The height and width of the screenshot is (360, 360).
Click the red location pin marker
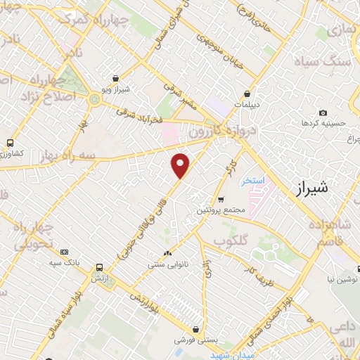[181, 165]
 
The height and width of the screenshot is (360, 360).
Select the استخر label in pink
[252, 181]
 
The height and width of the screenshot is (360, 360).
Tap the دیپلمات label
[247, 104]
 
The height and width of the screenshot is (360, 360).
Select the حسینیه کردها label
[324, 123]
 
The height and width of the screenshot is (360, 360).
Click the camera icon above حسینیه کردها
[323, 112]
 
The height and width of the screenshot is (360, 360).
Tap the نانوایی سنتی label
[167, 265]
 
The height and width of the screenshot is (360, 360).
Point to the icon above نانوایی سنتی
[167, 254]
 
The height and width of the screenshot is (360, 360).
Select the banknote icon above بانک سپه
[65, 252]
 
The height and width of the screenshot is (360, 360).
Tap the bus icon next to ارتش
[99, 269]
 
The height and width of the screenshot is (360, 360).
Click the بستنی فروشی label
[195, 339]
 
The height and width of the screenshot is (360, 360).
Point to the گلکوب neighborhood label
[232, 240]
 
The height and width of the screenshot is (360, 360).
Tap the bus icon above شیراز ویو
[117, 79]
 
